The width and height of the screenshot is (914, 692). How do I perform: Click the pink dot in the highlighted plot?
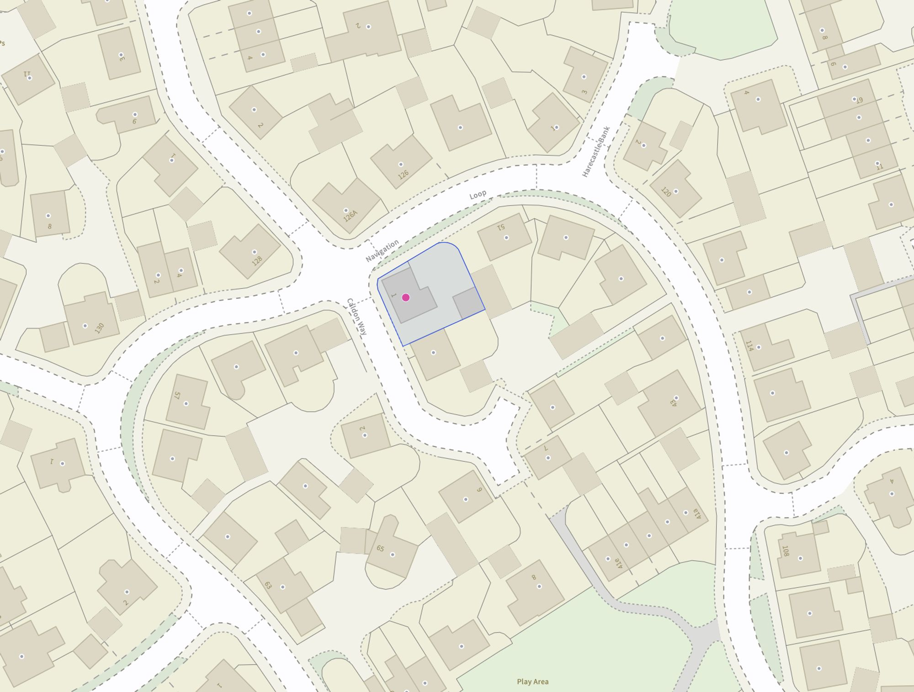(405, 297)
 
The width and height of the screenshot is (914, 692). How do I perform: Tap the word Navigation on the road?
(382, 251)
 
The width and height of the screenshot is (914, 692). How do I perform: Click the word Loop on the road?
(478, 195)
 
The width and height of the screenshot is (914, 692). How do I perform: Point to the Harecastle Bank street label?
(596, 152)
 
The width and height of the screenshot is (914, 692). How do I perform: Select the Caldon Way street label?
(356, 317)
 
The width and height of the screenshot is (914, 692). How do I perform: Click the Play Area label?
(532, 681)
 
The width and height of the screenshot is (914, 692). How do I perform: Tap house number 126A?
(351, 216)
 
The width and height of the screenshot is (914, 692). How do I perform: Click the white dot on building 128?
(255, 252)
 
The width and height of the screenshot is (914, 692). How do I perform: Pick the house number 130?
(99, 328)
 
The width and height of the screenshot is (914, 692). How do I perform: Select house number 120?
(666, 192)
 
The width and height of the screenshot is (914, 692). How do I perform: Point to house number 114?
(749, 346)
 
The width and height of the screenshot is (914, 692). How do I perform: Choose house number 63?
(268, 585)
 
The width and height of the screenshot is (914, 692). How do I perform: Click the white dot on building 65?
(393, 555)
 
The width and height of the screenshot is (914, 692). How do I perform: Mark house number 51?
(501, 227)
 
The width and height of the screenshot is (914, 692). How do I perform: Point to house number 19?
(860, 100)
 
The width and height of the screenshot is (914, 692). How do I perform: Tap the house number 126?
(403, 174)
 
